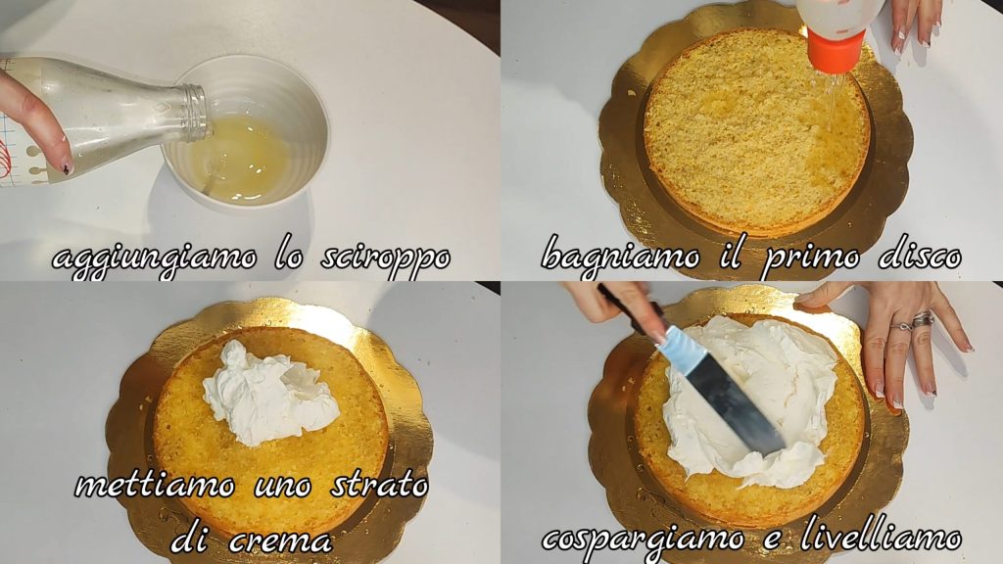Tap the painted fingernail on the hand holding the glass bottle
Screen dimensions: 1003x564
67,167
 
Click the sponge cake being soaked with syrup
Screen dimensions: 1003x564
757,132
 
